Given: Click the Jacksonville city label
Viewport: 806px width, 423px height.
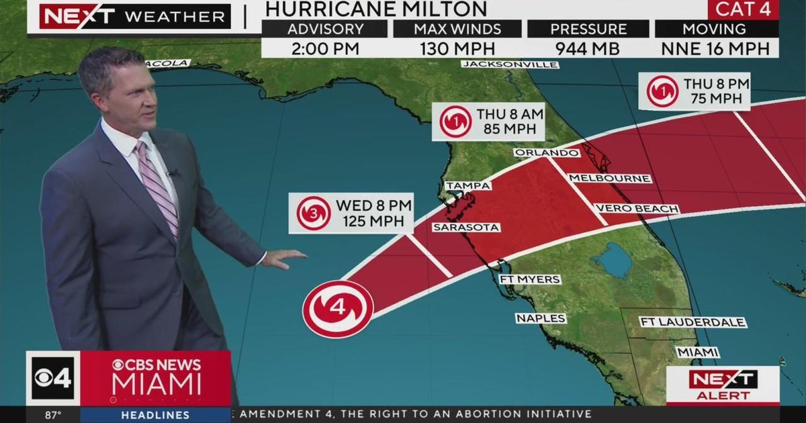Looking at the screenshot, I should click(510, 64).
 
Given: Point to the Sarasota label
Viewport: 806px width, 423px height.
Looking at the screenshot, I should click(465, 228).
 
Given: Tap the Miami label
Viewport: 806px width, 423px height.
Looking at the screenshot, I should click(697, 352).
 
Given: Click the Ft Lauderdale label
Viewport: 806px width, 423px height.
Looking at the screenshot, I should click(692, 322).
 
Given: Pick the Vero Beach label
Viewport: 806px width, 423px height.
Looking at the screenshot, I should click(636, 209).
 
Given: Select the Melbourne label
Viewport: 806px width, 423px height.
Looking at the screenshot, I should click(609, 178).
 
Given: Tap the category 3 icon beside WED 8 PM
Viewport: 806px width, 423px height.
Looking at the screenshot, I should click(314, 214).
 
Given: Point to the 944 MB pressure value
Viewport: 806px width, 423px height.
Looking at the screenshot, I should click(587, 48).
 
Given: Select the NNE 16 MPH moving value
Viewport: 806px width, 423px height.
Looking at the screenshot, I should click(716, 48).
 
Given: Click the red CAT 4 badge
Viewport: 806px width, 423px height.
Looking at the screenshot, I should click(743, 9).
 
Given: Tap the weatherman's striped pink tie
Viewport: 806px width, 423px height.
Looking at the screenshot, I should click(159, 187).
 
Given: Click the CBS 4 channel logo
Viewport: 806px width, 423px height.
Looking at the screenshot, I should click(53, 377).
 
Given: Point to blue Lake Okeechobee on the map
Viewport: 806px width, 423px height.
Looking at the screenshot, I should click(612, 261).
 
